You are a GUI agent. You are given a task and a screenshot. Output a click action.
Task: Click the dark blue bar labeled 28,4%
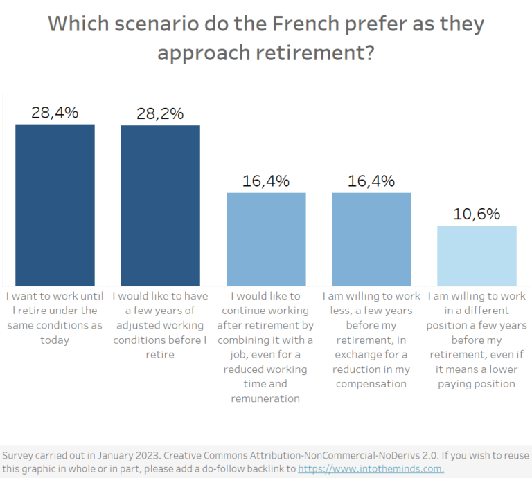(55, 205)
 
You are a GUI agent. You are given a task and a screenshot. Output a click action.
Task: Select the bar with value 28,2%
(160, 205)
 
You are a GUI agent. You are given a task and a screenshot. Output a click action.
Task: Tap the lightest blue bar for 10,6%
(477, 255)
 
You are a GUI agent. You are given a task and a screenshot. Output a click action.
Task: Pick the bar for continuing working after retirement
(266, 239)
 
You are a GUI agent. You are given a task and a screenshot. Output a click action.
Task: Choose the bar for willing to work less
(371, 239)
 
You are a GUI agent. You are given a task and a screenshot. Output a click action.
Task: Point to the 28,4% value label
(55, 112)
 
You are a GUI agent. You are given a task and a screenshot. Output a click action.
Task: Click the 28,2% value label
(160, 113)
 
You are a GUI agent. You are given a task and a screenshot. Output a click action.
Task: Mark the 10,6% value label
(477, 214)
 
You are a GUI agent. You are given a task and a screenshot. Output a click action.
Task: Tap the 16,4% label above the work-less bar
(371, 181)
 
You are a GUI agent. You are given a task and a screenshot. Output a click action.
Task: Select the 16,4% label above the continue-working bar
(266, 181)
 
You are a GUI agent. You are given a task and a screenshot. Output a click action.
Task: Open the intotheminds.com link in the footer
(371, 469)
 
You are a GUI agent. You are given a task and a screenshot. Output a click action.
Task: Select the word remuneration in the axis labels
(265, 398)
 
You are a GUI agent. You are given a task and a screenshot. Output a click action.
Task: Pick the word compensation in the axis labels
(371, 384)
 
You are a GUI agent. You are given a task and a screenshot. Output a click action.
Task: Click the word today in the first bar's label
(55, 340)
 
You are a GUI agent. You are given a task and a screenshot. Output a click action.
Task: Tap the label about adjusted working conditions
(160, 325)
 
